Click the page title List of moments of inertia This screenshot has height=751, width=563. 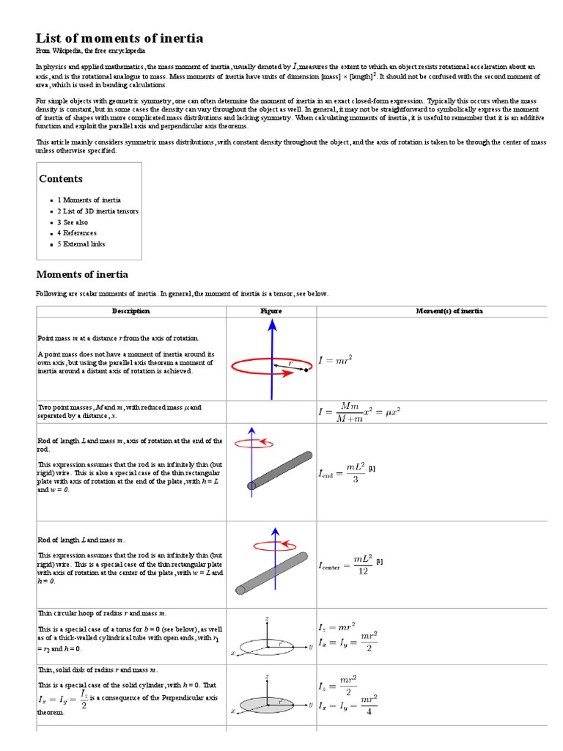119,38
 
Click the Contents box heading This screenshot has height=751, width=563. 61,179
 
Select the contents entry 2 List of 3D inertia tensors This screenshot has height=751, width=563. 97,211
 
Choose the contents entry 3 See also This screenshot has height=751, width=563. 73,222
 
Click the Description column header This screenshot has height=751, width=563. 130,311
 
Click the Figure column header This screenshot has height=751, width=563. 271,311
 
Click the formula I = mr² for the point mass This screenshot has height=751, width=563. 335,360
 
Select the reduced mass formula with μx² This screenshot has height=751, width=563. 359,411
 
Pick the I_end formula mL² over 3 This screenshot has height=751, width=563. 342,473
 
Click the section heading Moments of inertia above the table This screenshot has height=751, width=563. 82,274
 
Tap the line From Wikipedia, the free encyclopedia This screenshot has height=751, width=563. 91,51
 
